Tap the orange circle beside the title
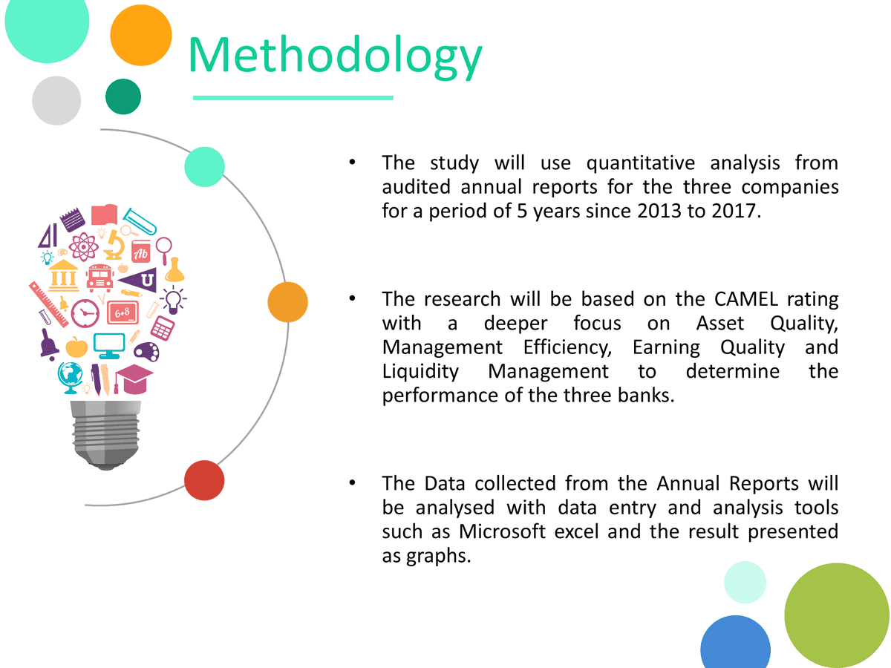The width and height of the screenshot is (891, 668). click(x=141, y=36)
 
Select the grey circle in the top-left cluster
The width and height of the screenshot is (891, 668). click(x=56, y=101)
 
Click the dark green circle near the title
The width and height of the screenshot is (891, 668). click(x=123, y=96)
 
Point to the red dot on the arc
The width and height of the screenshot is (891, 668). click(x=204, y=480)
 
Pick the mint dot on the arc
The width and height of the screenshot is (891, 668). click(x=205, y=167)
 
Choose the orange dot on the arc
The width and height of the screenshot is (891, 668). click(x=288, y=302)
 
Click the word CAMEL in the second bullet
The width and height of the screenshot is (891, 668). click(x=746, y=299)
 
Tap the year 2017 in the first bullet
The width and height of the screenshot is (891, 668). click(x=736, y=211)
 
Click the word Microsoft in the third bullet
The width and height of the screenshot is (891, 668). click(x=502, y=531)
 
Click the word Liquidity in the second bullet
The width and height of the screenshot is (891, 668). click(x=420, y=372)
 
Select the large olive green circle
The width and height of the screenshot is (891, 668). click(x=837, y=615)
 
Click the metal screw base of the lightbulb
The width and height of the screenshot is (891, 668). click(x=106, y=435)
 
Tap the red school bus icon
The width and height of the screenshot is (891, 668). click(x=99, y=278)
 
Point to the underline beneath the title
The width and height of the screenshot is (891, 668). click(x=293, y=98)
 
